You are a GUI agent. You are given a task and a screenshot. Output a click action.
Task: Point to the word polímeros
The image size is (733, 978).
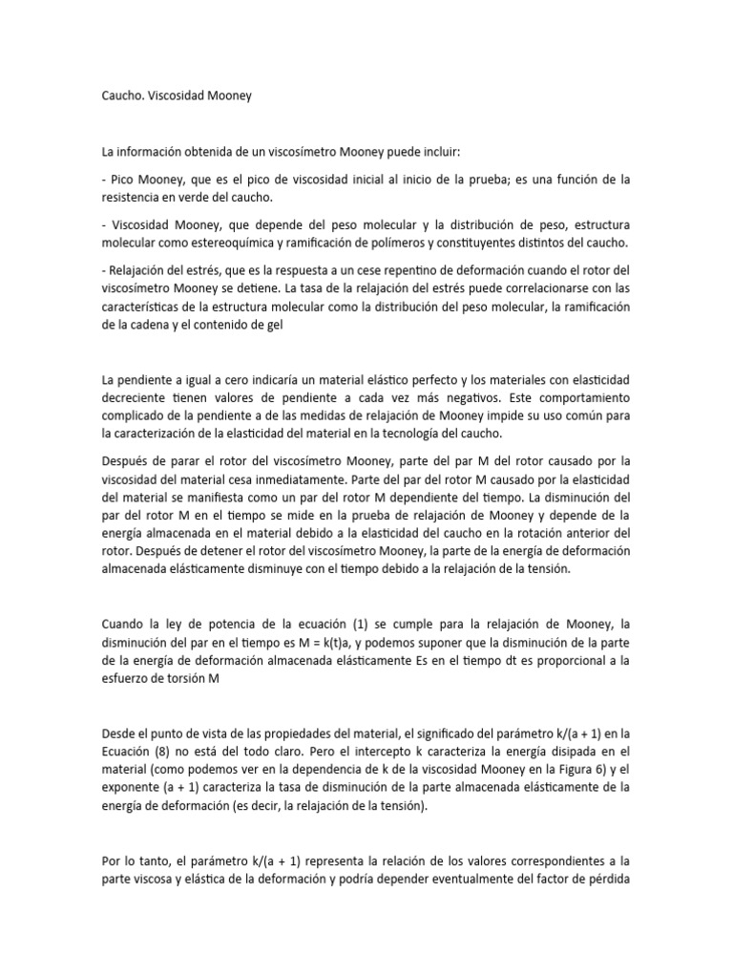point(435,244)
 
